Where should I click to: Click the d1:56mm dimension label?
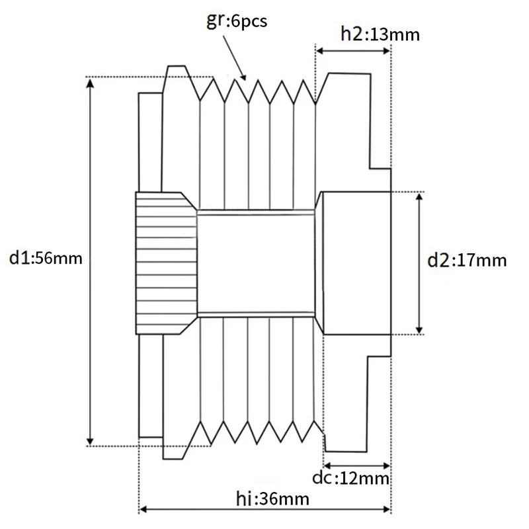(x=46, y=258)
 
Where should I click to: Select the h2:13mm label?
(x=380, y=34)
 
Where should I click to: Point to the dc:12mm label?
(x=350, y=477)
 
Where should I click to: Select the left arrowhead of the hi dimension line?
(x=142, y=510)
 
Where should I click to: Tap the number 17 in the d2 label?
(x=462, y=260)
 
